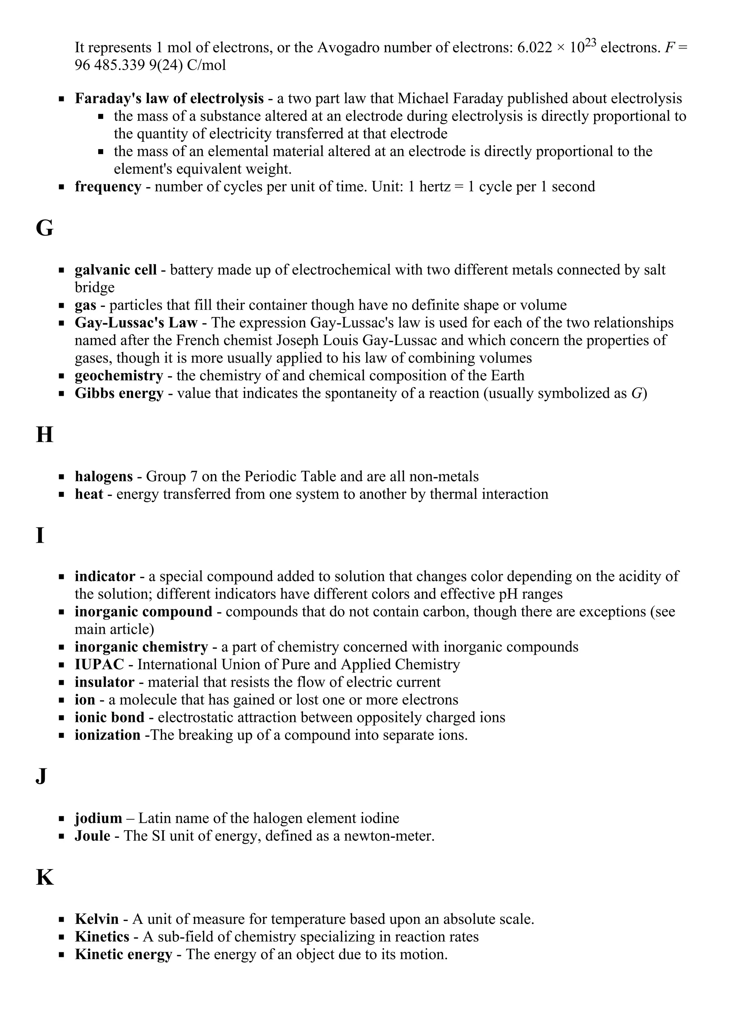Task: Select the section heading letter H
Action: (44, 435)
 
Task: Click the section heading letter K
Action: (44, 877)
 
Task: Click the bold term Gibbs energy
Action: (119, 393)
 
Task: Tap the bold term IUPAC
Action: (99, 664)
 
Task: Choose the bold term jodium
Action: (98, 818)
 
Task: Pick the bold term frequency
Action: (108, 186)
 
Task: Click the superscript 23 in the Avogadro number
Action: (590, 43)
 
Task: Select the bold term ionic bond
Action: (109, 717)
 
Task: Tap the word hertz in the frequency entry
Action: (434, 186)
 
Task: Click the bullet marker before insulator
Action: (62, 683)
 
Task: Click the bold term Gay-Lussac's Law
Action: (136, 323)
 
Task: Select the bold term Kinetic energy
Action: (123, 954)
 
